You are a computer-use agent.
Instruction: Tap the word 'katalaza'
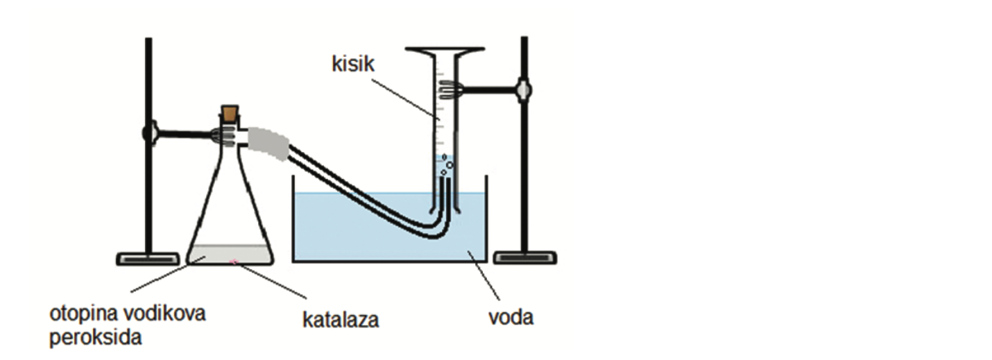click(x=341, y=320)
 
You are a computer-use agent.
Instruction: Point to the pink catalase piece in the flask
click(x=234, y=262)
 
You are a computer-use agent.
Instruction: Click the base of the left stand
click(x=148, y=258)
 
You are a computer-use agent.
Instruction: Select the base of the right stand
click(x=524, y=258)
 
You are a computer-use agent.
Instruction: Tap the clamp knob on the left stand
click(x=148, y=132)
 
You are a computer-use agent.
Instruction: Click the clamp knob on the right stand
click(x=524, y=89)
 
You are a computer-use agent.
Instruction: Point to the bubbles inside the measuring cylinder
click(x=447, y=164)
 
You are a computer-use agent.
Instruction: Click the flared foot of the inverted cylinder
click(x=445, y=51)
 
